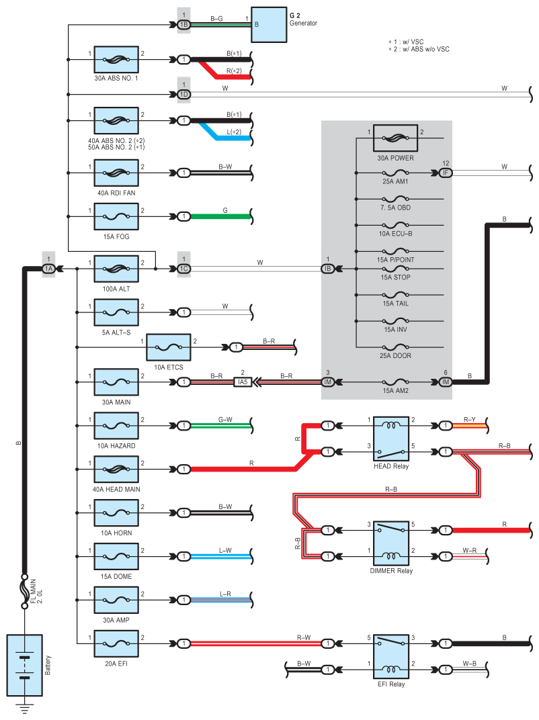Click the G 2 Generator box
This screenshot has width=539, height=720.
pos(269,25)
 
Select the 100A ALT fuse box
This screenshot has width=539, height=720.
pos(116,269)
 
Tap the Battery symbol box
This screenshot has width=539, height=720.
pos(24,666)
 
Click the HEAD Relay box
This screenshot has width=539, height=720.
pos(391,439)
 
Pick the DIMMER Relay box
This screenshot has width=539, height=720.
pos(391,543)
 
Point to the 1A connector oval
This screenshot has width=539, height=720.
pos(48,269)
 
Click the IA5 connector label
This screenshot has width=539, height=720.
pos(243,382)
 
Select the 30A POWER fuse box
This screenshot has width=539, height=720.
pos(395,138)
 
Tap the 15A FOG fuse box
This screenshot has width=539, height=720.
pos(116,216)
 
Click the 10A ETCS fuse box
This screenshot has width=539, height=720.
pos(169,347)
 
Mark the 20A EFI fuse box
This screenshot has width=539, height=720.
pos(116,643)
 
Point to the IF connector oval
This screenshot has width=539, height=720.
pos(446,173)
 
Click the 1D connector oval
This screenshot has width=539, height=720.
pos(183,95)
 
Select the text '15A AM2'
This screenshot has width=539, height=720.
pos(395,391)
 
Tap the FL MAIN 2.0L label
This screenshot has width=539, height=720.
pos(36,591)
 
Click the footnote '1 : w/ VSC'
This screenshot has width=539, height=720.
pos(406,42)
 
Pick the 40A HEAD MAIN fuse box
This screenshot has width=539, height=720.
pos(116,469)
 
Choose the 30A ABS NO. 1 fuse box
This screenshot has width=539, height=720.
pos(116,59)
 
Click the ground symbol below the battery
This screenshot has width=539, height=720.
pos(24,708)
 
